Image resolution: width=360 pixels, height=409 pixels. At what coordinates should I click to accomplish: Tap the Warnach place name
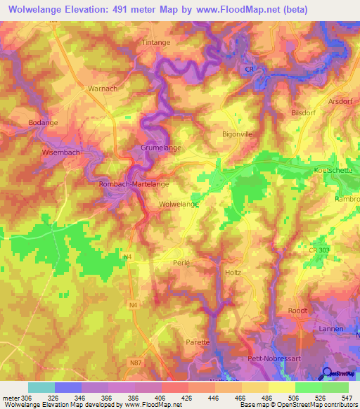click(101, 89)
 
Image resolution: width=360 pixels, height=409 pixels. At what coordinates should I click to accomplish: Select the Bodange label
click(43, 122)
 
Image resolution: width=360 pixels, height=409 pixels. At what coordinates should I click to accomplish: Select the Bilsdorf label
click(305, 112)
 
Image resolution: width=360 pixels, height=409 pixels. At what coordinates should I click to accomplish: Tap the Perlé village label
click(181, 262)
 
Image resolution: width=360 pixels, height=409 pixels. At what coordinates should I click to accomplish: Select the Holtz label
click(233, 272)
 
